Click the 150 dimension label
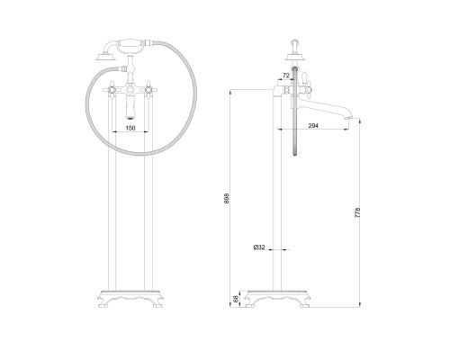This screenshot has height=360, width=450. point(130,128)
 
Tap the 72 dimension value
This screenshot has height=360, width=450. point(286,76)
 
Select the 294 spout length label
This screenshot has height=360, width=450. point(313,126)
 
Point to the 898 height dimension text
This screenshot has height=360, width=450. point(227,198)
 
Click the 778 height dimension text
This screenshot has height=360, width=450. point(357,212)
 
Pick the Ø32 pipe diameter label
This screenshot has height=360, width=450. point(259,247)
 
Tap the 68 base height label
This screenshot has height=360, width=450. point(236,299)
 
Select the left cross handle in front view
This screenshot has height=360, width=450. point(112,89)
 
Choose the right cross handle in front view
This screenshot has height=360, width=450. point(148,89)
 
